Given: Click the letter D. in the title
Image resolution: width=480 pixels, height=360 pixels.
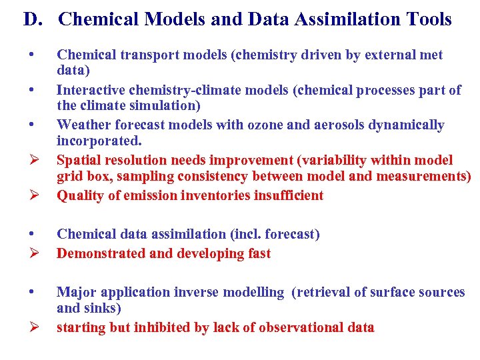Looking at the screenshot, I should coord(33,19).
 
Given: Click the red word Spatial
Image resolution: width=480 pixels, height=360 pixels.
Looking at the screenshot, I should coord(79,160).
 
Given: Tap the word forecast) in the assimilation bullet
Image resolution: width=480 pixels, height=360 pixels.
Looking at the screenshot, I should coord(291,234).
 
